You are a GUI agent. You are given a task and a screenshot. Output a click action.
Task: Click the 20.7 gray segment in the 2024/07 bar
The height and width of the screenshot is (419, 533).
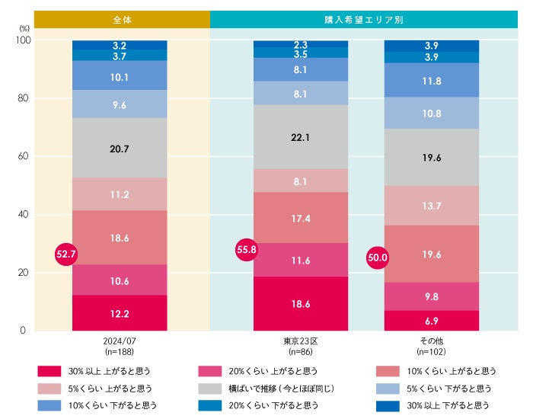(x=120, y=149)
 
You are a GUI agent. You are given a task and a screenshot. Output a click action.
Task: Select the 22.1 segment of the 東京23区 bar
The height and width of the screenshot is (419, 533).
(x=300, y=137)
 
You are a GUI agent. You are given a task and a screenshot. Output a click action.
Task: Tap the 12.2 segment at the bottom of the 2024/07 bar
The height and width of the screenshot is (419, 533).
(x=120, y=313)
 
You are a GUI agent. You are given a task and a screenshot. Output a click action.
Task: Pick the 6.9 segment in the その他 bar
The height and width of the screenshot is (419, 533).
(x=432, y=321)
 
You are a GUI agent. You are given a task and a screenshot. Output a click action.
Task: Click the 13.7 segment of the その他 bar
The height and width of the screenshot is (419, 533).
(x=432, y=206)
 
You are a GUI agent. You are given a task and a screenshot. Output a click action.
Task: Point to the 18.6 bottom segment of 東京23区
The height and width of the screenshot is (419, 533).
(x=300, y=303)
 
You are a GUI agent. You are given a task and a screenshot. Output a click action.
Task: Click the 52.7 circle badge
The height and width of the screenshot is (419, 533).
(x=67, y=254)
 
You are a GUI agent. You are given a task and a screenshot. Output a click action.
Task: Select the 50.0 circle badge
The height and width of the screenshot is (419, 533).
(x=378, y=257)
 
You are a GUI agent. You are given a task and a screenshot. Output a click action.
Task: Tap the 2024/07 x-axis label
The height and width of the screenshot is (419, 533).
(x=120, y=341)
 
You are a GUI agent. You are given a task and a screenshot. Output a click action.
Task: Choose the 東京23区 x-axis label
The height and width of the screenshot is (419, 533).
(x=300, y=341)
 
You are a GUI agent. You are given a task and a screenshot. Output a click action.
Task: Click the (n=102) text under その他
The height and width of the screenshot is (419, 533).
(x=432, y=353)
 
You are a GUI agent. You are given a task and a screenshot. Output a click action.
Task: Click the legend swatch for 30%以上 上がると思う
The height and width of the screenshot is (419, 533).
(x=49, y=372)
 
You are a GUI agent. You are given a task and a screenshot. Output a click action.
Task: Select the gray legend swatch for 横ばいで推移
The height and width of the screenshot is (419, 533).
(x=209, y=389)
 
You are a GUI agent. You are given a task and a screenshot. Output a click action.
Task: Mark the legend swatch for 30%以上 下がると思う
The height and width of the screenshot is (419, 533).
(x=388, y=406)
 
